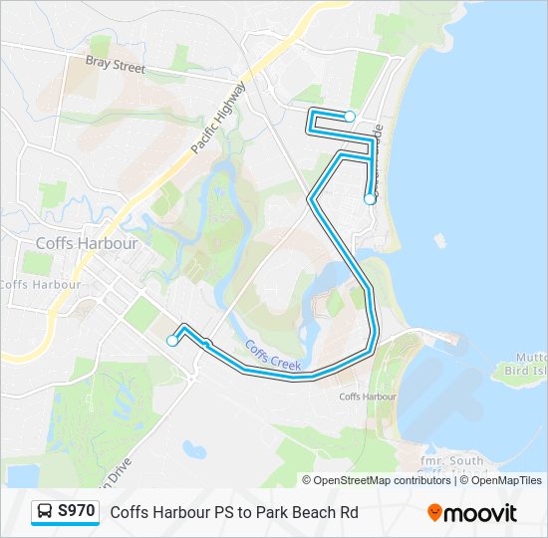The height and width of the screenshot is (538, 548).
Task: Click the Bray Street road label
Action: [x=115, y=66]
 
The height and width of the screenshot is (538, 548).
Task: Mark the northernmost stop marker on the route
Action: [x=350, y=117]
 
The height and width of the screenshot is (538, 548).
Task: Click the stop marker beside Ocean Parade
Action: [x=370, y=199]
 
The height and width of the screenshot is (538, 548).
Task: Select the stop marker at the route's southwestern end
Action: [x=172, y=341]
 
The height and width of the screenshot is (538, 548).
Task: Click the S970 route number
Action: [x=77, y=512]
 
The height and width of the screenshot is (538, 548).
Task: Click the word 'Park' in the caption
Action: [x=268, y=513]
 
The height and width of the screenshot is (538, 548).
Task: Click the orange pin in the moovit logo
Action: [x=434, y=512]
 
